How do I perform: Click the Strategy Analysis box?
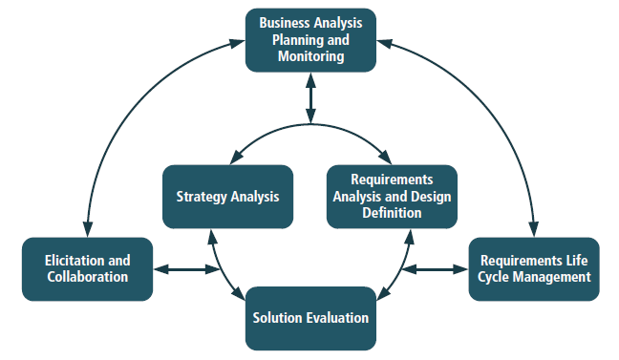pyautogui.click(x=227, y=197)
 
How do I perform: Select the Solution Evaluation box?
pyautogui.click(x=310, y=318)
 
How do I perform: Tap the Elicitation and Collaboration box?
pyautogui.click(x=87, y=269)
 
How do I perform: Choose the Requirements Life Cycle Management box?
pyautogui.click(x=534, y=269)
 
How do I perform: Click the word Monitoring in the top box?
pyautogui.click(x=311, y=56)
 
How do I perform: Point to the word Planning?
pyautogui.click(x=296, y=40)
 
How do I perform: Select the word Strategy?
pyautogui.click(x=202, y=197)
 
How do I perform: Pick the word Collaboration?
pyautogui.click(x=88, y=277)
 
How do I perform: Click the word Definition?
pyautogui.click(x=392, y=213)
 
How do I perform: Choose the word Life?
pyautogui.click(x=577, y=261)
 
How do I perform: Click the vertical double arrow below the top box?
pyautogui.click(x=310, y=98)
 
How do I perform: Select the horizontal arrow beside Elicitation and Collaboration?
pyautogui.click(x=186, y=269)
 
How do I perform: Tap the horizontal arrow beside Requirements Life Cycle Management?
pyautogui.click(x=435, y=269)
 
